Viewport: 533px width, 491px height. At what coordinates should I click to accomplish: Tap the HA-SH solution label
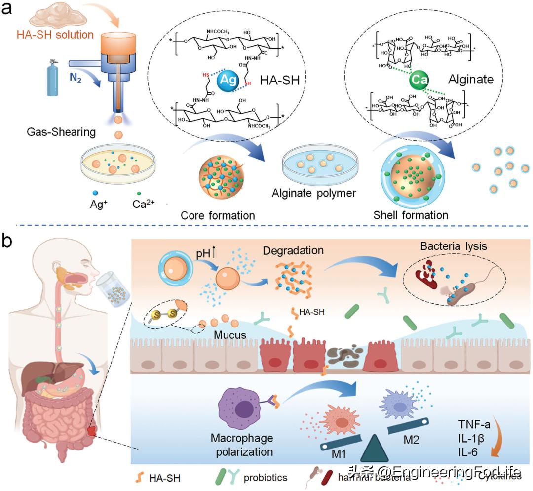point(62,35)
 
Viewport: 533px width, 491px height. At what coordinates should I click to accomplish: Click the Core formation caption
point(218,215)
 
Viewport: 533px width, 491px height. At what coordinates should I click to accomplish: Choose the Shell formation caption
point(411,215)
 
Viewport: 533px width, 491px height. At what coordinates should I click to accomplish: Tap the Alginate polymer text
point(314,193)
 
